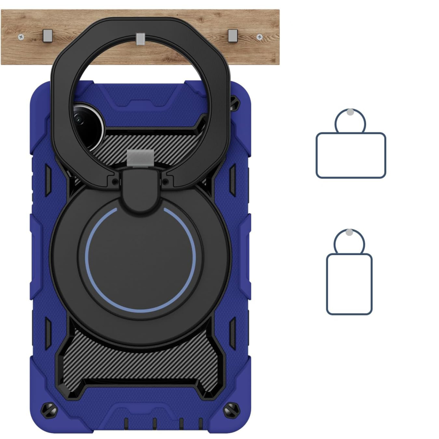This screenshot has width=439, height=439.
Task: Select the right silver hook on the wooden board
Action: tap(232, 36)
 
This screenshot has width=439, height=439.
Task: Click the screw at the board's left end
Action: tap(21, 38)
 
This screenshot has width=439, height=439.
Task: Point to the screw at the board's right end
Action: tap(259, 37)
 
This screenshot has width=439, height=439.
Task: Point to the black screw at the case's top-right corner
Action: tap(234, 102)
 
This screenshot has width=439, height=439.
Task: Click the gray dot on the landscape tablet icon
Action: tap(350, 112)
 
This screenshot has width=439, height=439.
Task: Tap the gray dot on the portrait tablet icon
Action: tap(349, 232)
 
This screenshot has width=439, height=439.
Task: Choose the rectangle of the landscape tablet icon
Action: tap(351, 155)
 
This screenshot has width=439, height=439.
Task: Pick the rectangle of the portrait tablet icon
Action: tap(349, 284)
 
